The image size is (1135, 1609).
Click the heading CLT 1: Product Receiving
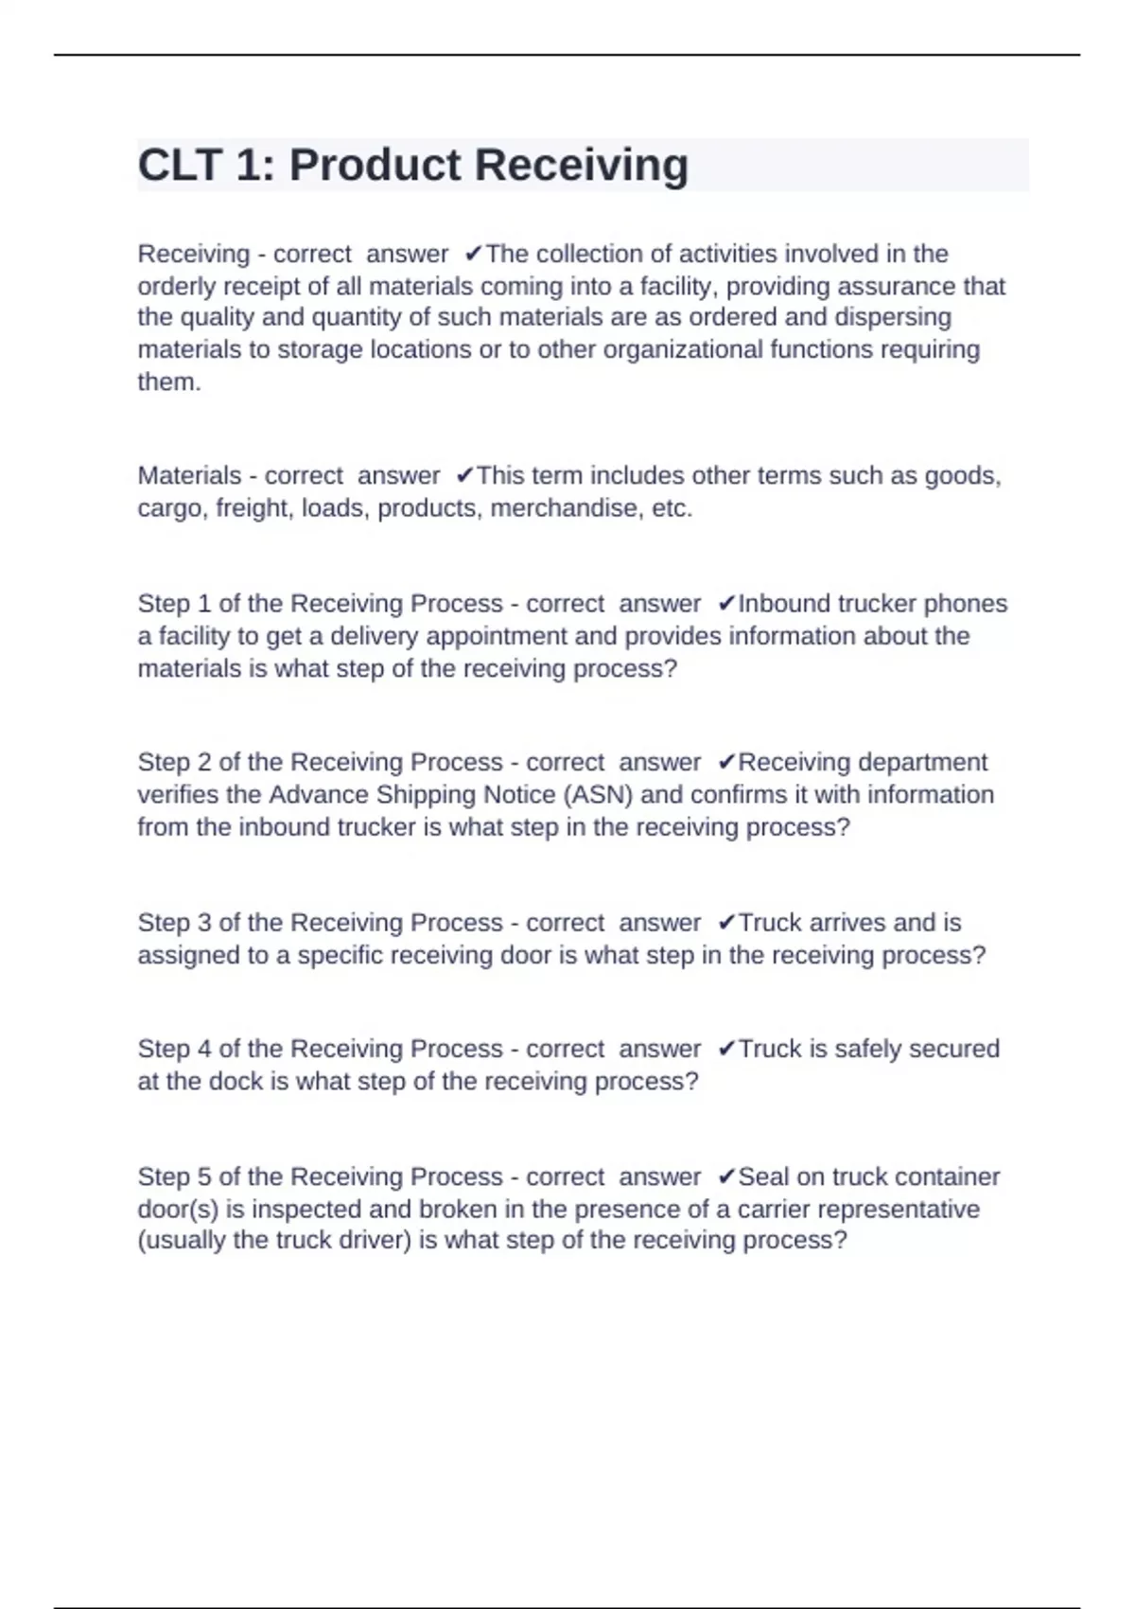point(412,165)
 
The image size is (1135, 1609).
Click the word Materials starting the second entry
point(189,475)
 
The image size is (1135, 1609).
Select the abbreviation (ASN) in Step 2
point(598,794)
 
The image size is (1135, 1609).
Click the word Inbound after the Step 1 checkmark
point(779,604)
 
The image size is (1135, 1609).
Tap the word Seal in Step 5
point(763,1176)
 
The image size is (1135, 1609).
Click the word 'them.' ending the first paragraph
point(169,381)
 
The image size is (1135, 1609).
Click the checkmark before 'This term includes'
point(464,475)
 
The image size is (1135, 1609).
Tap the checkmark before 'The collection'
point(474,254)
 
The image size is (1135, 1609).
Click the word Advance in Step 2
point(319,794)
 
